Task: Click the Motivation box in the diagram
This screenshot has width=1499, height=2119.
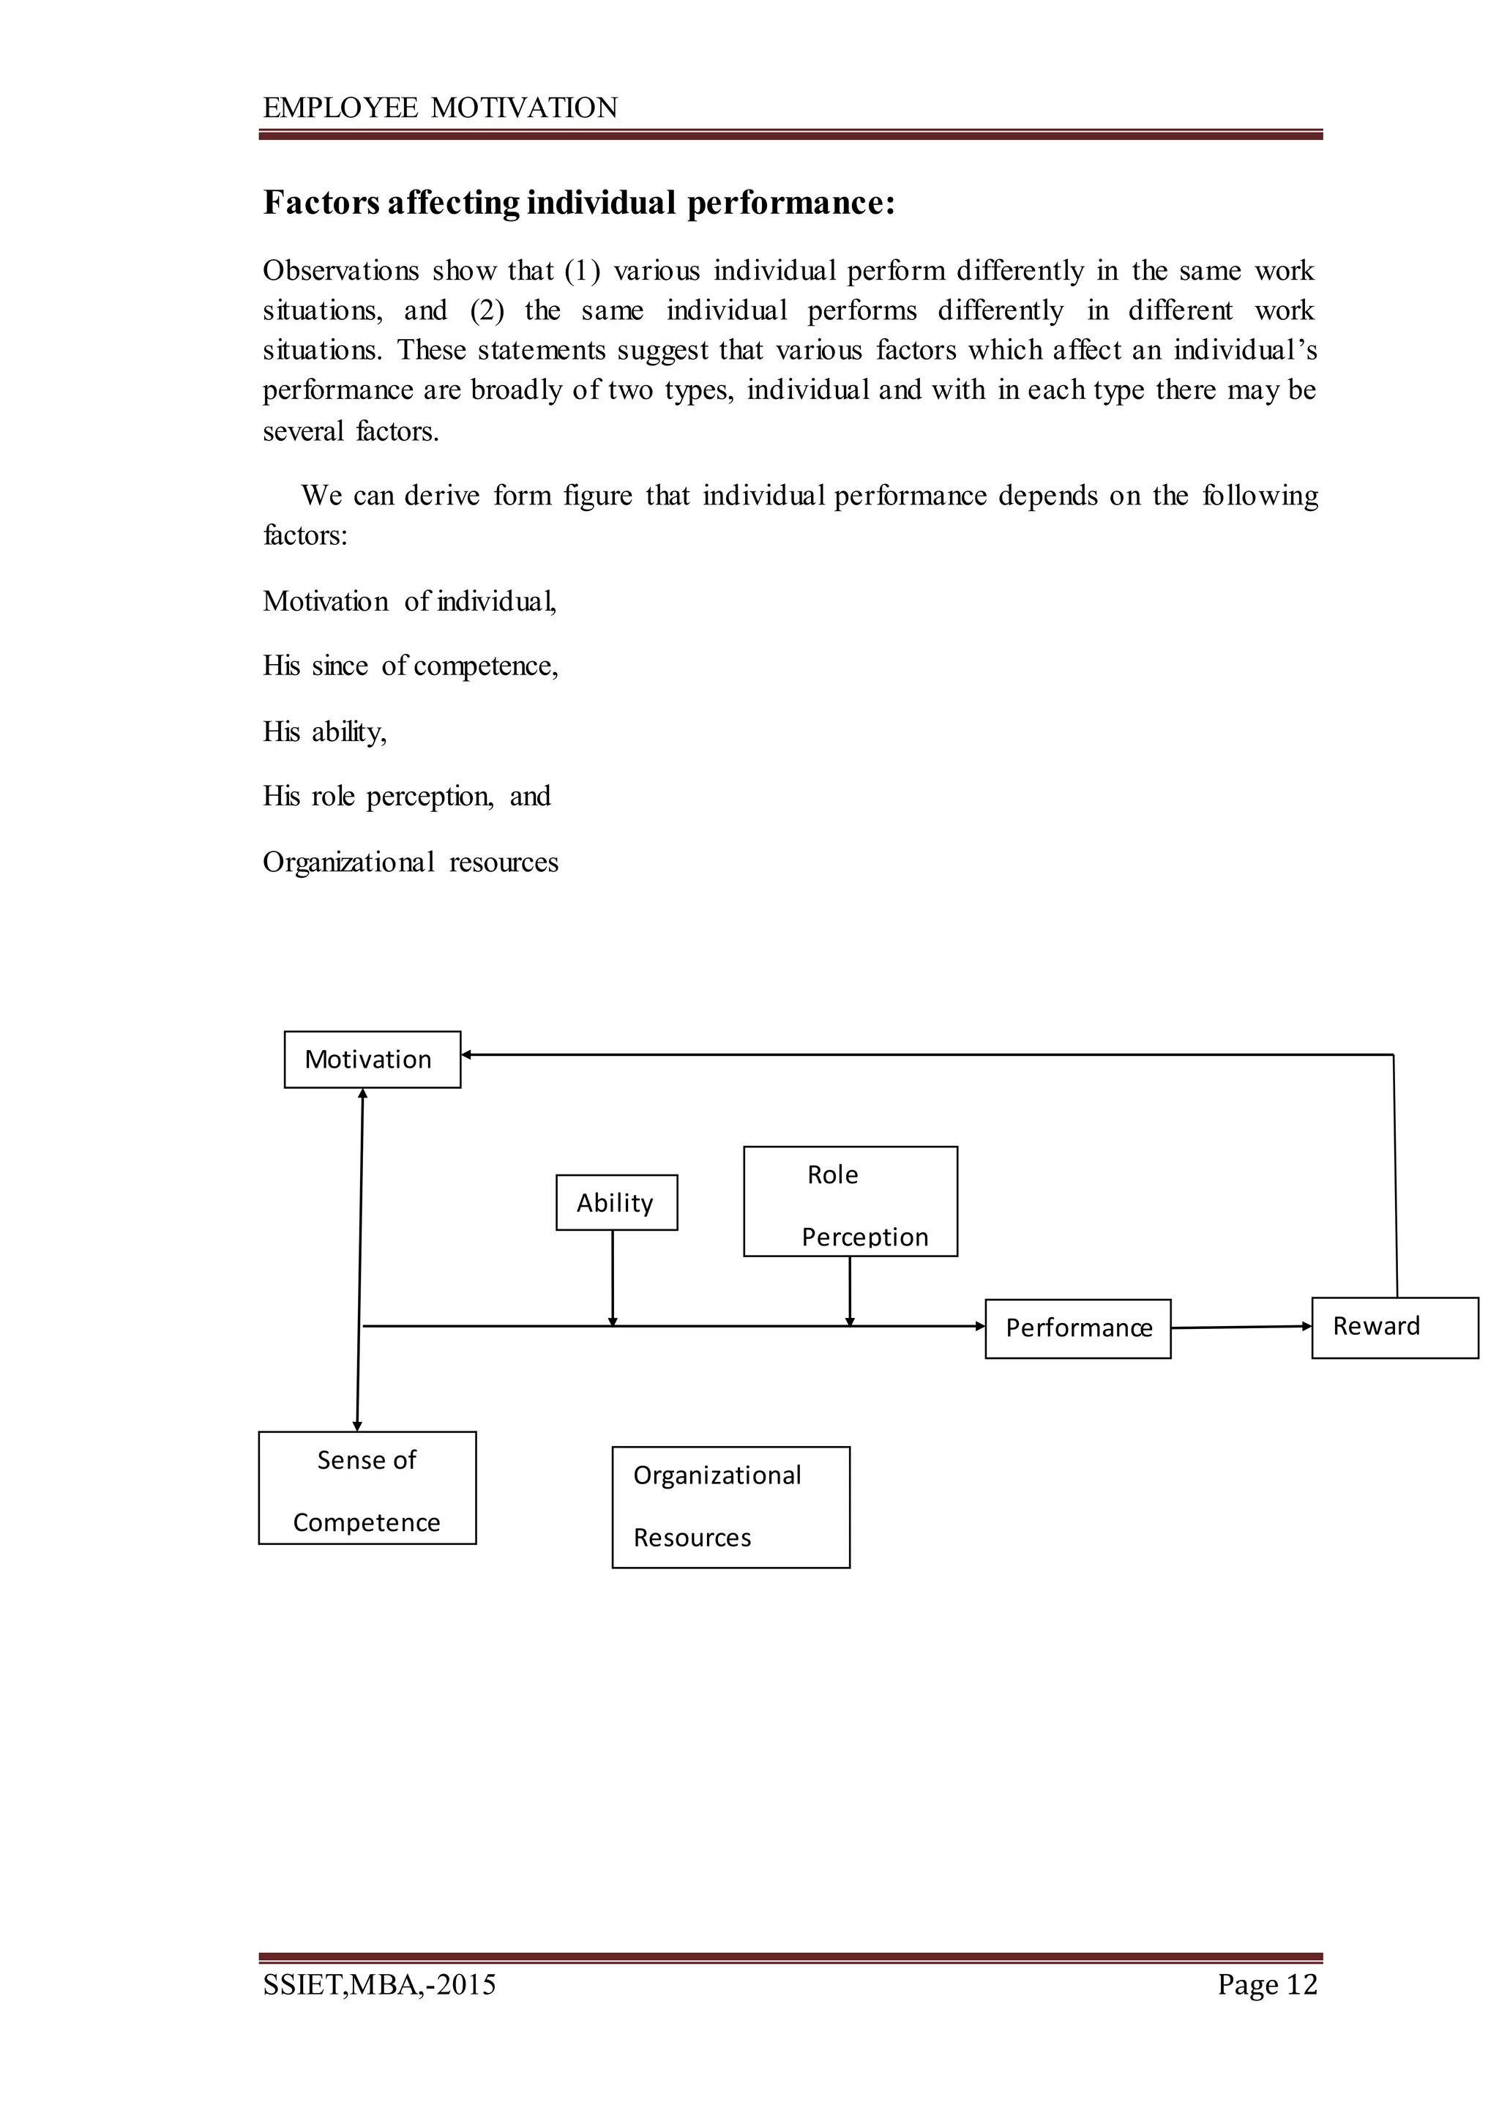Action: (x=372, y=1059)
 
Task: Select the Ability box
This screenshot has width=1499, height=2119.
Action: (x=616, y=1202)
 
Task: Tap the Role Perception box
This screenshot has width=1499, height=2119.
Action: (x=850, y=1202)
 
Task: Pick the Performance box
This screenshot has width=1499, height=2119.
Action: (x=1077, y=1329)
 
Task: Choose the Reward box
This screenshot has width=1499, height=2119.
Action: (x=1394, y=1327)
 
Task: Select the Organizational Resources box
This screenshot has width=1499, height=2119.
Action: (x=730, y=1507)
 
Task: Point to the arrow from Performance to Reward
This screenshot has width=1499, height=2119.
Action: (x=1241, y=1327)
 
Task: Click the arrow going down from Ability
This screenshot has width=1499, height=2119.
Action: (x=612, y=1278)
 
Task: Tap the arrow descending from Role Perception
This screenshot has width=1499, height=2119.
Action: (x=849, y=1291)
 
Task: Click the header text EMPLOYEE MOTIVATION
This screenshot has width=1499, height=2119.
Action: (x=441, y=108)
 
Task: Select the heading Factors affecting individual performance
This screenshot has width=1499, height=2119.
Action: (x=579, y=203)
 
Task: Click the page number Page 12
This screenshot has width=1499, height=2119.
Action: (x=1266, y=1984)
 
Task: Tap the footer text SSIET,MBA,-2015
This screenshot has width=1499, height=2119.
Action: (x=379, y=1984)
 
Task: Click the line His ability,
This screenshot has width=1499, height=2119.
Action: (x=325, y=732)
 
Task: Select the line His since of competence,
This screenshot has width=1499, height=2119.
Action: (x=411, y=666)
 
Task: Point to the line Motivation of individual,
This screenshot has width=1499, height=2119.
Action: (x=410, y=601)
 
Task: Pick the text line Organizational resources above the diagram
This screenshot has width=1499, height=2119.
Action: (x=411, y=863)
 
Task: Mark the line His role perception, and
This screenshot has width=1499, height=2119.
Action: (x=407, y=796)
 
